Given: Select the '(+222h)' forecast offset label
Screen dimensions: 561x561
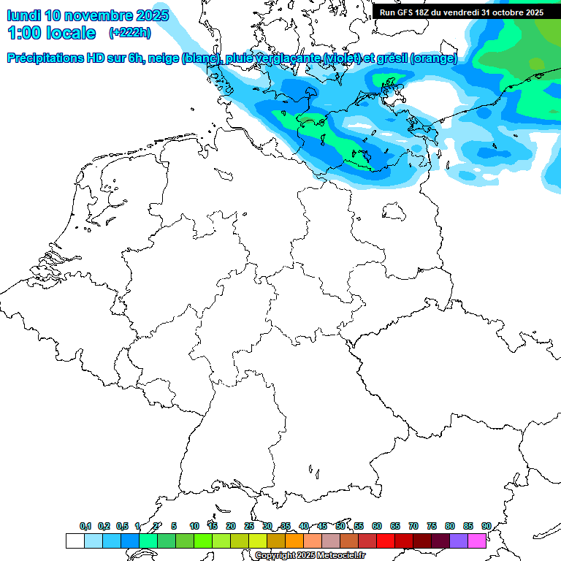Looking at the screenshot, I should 129,33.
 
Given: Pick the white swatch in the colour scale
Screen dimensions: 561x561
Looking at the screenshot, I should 75,541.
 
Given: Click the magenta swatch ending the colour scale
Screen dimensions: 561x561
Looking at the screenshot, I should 477,541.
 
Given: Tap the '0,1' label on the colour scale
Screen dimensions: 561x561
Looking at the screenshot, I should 85,526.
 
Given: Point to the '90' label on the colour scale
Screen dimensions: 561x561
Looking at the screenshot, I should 486,526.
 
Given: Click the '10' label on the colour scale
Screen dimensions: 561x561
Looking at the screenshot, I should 194,526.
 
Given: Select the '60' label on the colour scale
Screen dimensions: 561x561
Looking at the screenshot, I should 377,526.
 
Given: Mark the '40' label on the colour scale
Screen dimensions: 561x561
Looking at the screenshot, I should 304,526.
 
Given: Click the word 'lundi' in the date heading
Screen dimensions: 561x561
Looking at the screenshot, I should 24,15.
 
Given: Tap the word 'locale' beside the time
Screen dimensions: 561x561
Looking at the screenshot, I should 70,33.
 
